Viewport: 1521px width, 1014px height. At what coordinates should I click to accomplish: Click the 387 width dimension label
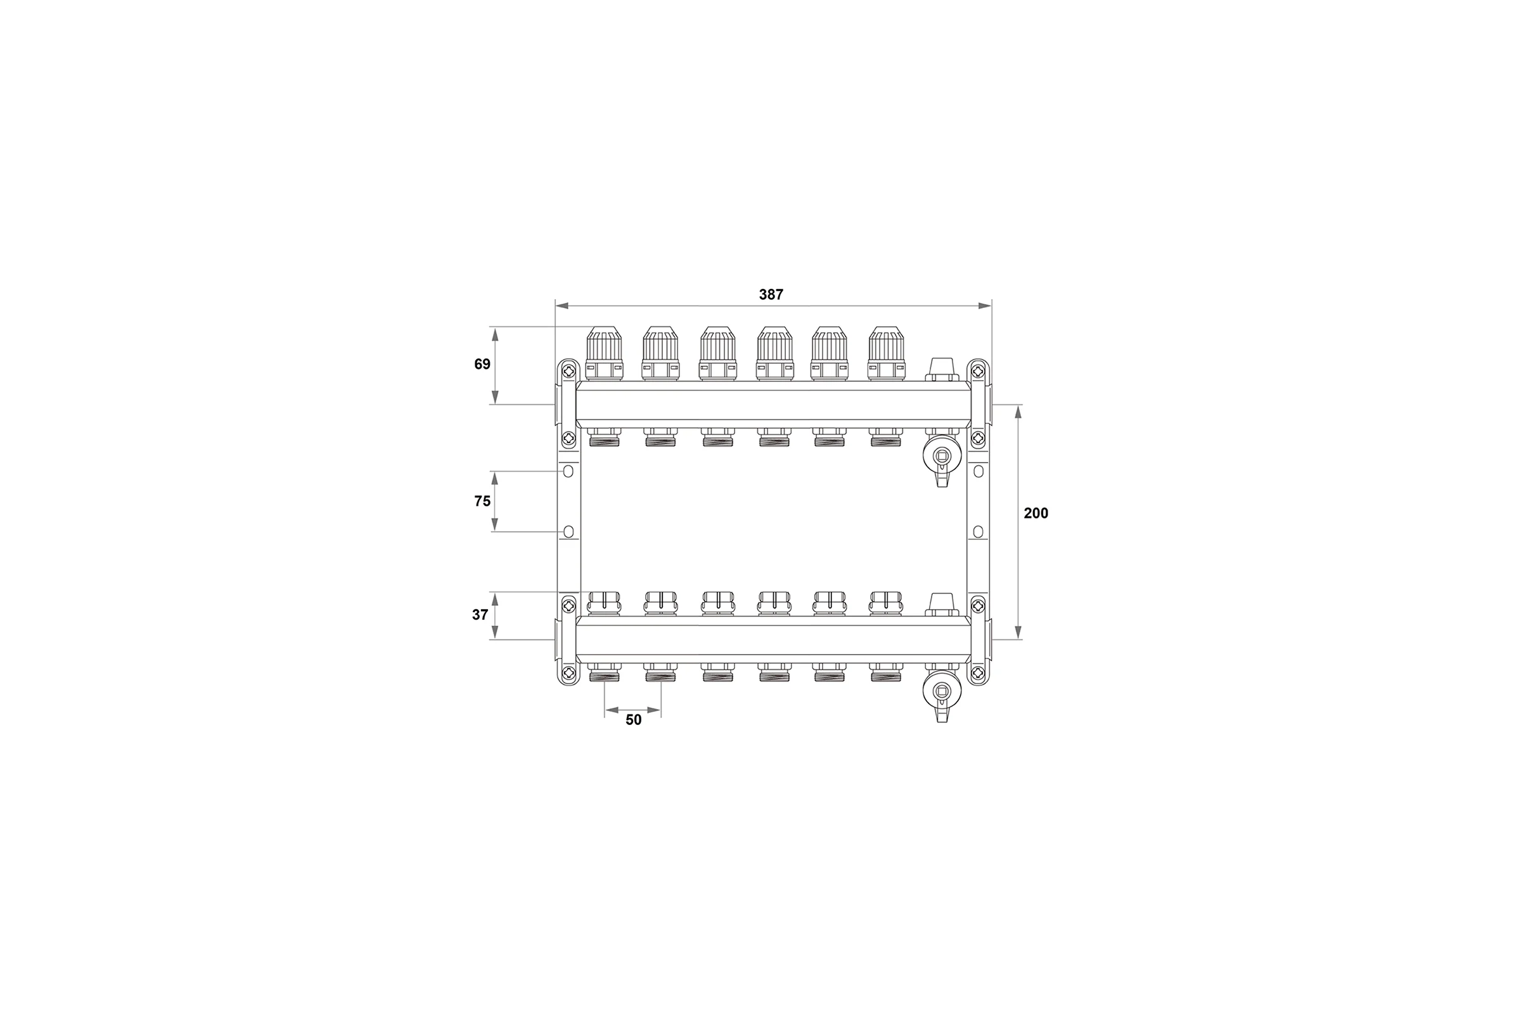pyautogui.click(x=771, y=295)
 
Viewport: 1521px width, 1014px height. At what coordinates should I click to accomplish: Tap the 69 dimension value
pyautogui.click(x=482, y=364)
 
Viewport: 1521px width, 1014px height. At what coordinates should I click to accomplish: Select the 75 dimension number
pyautogui.click(x=482, y=501)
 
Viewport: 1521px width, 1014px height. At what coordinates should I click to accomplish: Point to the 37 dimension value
pyautogui.click(x=480, y=615)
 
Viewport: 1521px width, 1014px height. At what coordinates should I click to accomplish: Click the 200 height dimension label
pyautogui.click(x=1036, y=513)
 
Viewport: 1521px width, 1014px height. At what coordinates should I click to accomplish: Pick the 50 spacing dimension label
pyautogui.click(x=634, y=720)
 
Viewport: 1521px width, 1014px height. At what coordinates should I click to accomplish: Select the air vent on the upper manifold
pyautogui.click(x=942, y=369)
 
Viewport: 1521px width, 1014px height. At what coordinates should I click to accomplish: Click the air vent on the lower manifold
pyautogui.click(x=942, y=605)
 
